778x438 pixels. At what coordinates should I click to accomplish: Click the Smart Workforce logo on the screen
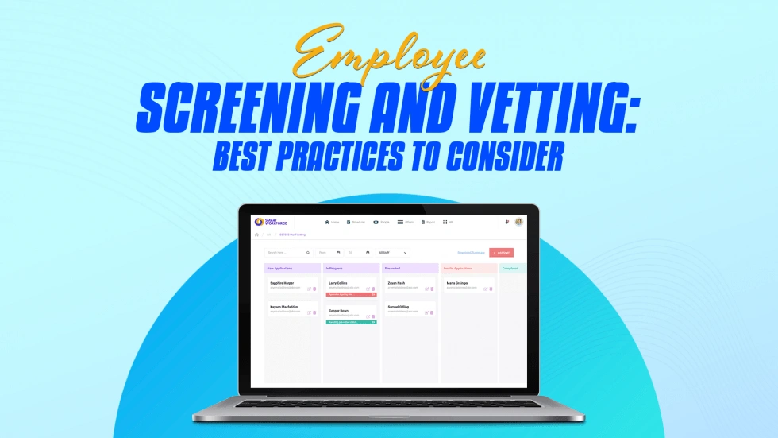point(269,222)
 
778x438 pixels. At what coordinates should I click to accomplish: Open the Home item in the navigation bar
point(333,222)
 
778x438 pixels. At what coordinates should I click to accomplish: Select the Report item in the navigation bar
point(429,222)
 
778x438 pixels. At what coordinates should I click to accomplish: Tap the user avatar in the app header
point(518,222)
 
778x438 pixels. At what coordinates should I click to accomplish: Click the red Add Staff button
point(501,253)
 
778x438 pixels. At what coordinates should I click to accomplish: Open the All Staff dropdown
point(393,253)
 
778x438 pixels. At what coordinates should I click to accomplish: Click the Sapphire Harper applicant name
point(282,282)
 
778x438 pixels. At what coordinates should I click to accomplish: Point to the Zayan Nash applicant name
point(397,282)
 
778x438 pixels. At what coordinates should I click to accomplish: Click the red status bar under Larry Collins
point(351,294)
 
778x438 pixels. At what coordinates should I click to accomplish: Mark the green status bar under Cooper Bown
point(351,322)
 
